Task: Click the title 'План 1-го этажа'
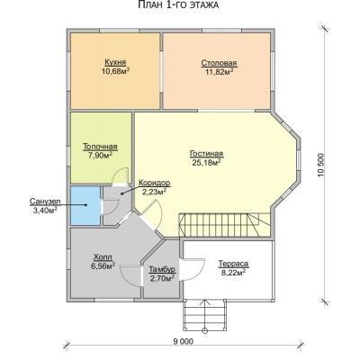(178, 5)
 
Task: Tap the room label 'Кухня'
(115, 62)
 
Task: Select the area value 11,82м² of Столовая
(220, 71)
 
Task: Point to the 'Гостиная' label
(206, 154)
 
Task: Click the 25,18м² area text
(206, 162)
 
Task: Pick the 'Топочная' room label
(100, 148)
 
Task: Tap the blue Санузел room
(85, 205)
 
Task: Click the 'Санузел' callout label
(45, 202)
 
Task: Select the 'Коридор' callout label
(155, 183)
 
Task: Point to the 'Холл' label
(103, 257)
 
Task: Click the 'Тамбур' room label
(162, 270)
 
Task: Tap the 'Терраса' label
(233, 264)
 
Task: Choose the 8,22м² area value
(233, 272)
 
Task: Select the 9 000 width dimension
(183, 342)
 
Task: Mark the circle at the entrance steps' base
(205, 331)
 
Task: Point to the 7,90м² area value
(100, 156)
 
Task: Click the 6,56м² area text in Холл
(103, 265)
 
